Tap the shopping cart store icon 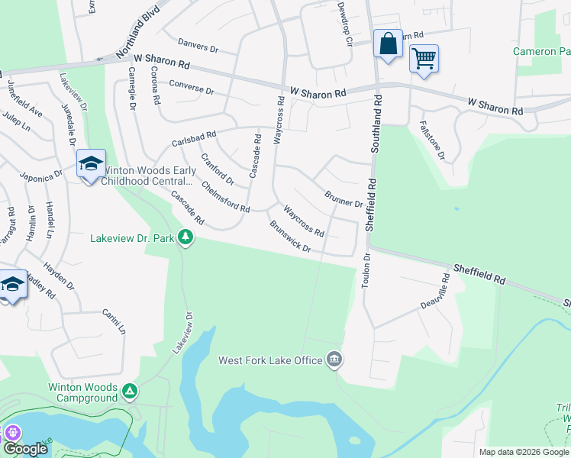click(x=424, y=58)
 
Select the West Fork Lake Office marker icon click(x=334, y=359)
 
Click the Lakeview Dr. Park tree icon click(x=185, y=238)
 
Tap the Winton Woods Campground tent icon click(x=130, y=392)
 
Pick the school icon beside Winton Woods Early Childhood click(x=90, y=164)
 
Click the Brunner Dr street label click(x=343, y=200)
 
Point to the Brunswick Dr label click(x=290, y=237)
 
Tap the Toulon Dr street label click(x=366, y=270)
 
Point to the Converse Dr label click(x=192, y=87)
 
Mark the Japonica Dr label click(x=40, y=176)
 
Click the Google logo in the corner click(x=24, y=449)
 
